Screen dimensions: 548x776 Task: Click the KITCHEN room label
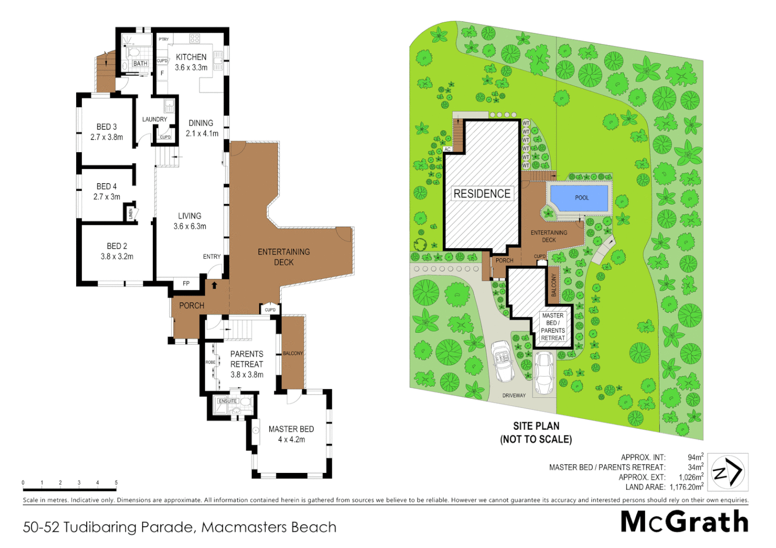click(191, 57)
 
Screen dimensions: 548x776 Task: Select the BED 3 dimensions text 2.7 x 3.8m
click(107, 137)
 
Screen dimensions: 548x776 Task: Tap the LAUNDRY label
click(154, 119)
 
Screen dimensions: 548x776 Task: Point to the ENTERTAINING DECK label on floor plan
click(283, 257)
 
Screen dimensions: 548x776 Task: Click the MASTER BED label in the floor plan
click(291, 429)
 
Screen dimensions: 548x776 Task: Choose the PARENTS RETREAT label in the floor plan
click(247, 359)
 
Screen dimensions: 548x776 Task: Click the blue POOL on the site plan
click(579, 198)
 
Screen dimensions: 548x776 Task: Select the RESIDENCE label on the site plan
click(482, 194)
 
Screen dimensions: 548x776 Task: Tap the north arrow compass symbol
click(728, 472)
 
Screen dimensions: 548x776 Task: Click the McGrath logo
click(684, 522)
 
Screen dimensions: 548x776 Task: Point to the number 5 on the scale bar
click(116, 483)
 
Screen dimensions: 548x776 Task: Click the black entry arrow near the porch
click(214, 285)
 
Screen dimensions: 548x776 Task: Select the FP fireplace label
click(186, 284)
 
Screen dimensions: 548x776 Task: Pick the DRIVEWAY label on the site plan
click(514, 395)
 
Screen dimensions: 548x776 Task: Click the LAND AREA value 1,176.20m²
click(686, 487)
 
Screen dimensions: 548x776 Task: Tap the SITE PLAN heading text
click(536, 426)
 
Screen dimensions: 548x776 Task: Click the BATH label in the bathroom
click(140, 63)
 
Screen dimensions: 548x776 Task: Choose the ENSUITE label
click(228, 401)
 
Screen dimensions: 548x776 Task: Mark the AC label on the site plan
click(447, 149)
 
